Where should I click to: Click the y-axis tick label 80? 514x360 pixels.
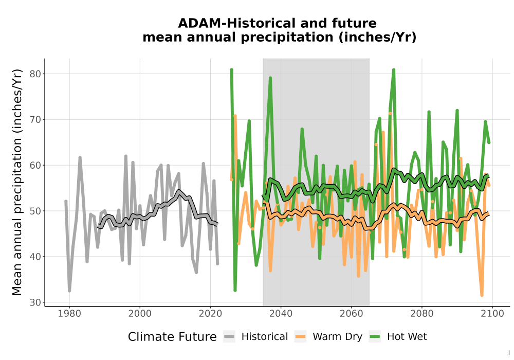[35, 74]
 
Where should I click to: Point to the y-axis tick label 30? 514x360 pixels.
[35, 302]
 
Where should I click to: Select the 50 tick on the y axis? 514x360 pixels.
[35, 211]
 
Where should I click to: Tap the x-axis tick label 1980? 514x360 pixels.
[69, 314]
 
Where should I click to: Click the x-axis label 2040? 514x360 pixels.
[281, 314]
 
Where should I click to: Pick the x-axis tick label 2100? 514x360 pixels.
[492, 314]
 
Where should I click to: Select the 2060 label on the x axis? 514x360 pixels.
[351, 314]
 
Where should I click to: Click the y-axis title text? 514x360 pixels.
[17, 182]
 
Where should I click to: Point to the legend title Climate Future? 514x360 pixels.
[172, 337]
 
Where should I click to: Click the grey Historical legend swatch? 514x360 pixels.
[229, 337]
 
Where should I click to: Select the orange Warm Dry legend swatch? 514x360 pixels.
[300, 337]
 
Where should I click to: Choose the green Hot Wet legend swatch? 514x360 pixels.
[375, 337]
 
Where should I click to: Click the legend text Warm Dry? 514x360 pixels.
[337, 337]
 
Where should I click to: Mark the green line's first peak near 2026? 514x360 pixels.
[231, 70]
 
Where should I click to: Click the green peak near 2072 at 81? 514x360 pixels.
[394, 70]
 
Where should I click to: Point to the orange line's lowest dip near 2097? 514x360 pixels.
[482, 295]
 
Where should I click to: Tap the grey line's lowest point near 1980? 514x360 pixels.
[69, 291]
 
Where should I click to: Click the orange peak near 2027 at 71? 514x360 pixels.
[235, 116]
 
